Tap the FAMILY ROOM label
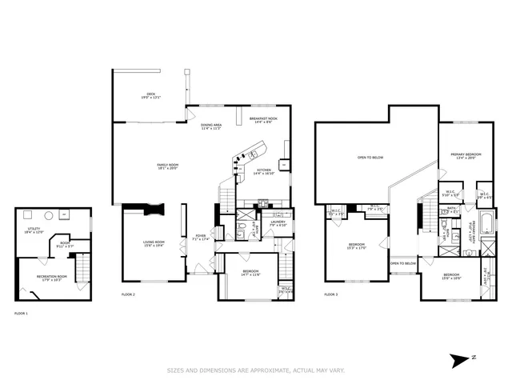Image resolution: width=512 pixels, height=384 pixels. point(167,166)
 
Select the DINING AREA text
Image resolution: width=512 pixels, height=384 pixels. point(211,126)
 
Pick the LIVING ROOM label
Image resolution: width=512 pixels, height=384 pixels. point(154,243)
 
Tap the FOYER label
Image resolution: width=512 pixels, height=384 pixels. point(201,237)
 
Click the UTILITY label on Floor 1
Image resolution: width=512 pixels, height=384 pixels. point(34,230)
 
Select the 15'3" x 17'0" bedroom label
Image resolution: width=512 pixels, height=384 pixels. point(356,246)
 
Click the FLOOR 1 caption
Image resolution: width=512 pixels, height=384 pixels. point(21,313)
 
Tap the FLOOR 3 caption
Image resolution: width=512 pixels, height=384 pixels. point(330,295)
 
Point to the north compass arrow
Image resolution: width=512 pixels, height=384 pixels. point(462,359)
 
